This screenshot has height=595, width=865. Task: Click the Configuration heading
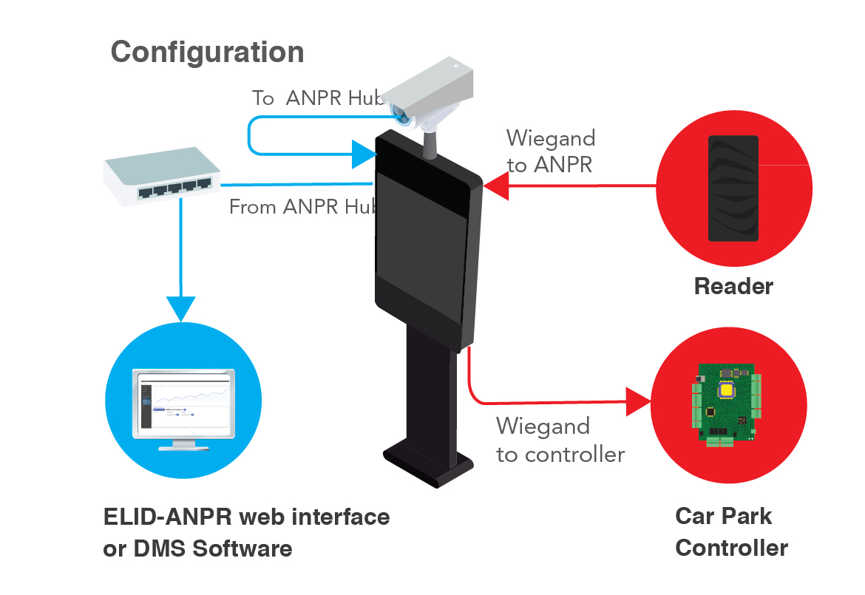207,52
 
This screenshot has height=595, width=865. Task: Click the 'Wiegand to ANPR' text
550,152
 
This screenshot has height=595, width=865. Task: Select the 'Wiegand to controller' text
560,440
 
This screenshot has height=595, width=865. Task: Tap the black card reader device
733,188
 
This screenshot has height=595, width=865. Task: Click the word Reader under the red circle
733,287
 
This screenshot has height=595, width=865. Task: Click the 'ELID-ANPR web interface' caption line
246,517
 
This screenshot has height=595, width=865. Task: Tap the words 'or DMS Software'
197,549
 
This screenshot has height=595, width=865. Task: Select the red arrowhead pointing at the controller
638,402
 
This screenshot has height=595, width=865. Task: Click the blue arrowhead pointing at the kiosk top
364,154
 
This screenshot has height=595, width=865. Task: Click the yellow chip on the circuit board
727,391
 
